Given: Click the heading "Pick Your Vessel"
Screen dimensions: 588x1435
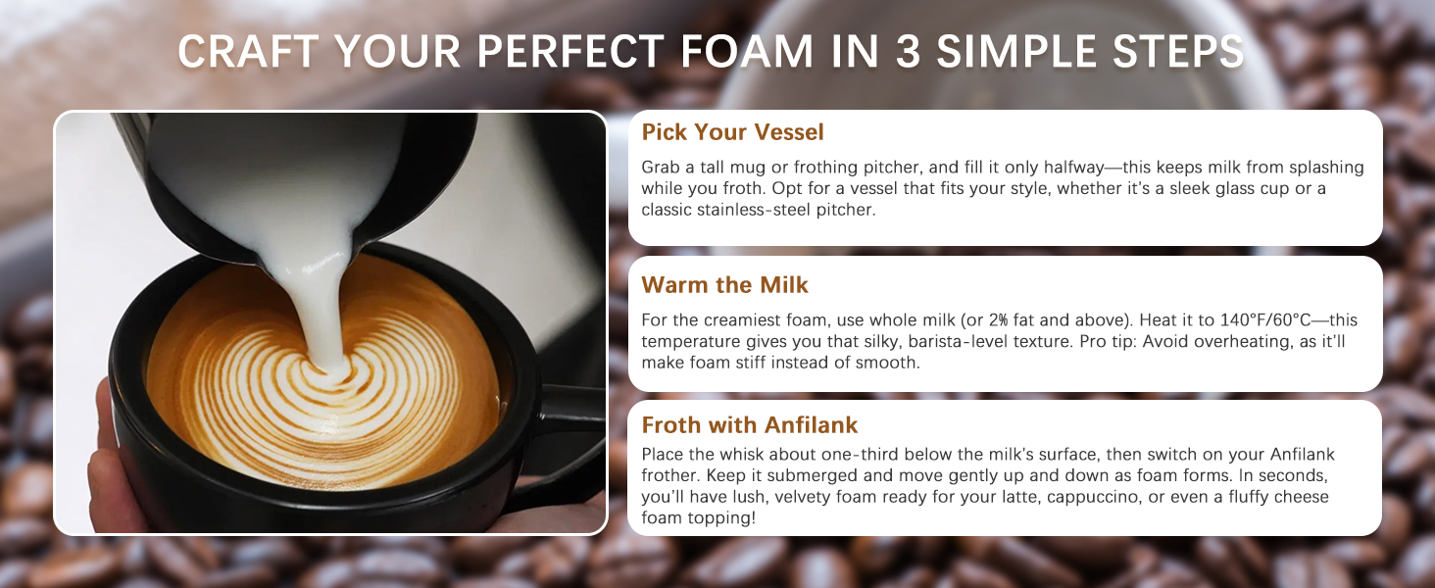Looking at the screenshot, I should point(732,132).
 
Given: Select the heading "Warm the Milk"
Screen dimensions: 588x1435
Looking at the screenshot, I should point(724,285).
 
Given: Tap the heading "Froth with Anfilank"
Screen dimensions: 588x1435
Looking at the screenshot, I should point(749,425).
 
